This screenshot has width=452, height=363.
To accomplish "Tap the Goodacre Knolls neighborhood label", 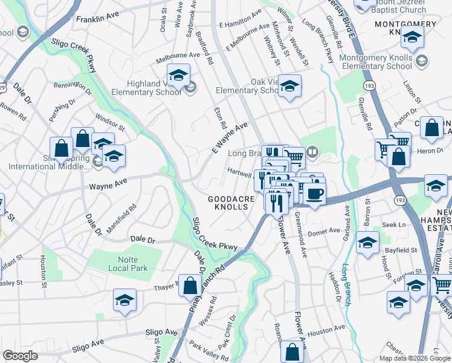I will pyautogui.click(x=228, y=203).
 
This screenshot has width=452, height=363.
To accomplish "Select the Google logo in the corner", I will pyautogui.click(x=21, y=356).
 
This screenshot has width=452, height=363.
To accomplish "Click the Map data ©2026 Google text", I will pyautogui.click(x=415, y=358).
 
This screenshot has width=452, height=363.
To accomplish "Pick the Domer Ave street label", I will pyautogui.click(x=325, y=231).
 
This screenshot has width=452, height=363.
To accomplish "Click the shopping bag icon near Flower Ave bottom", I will pyautogui.click(x=292, y=352).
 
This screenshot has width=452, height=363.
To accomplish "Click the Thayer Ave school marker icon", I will pyautogui.click(x=124, y=300).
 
